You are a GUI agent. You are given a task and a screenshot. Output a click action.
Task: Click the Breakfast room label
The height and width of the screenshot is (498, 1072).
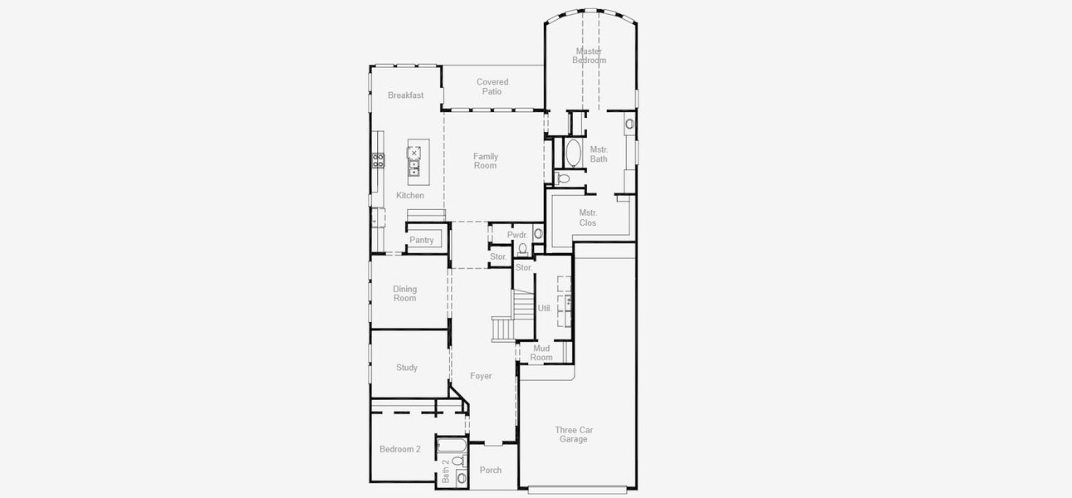[x=405, y=95]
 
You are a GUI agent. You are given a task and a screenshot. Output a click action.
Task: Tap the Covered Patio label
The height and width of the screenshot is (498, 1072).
[x=492, y=86]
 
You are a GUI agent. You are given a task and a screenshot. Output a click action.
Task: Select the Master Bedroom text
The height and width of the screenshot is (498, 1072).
[x=589, y=56]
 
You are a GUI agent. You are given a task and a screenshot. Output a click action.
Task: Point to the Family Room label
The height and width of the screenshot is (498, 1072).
[x=486, y=161]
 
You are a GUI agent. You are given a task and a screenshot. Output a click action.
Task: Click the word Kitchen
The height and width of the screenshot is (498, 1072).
[x=409, y=196]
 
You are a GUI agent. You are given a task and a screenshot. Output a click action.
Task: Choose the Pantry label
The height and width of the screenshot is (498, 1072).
[x=422, y=241]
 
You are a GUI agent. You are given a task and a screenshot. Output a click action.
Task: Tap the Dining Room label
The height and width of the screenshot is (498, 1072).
[x=405, y=294]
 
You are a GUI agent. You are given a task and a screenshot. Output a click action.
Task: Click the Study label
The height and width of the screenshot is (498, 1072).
[x=407, y=368]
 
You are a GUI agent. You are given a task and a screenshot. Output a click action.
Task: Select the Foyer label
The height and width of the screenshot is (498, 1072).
[x=481, y=376]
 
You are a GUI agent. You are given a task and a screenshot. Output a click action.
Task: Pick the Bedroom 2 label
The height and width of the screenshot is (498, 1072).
[x=400, y=449]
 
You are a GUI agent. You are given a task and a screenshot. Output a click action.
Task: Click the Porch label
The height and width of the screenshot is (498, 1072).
[x=491, y=471]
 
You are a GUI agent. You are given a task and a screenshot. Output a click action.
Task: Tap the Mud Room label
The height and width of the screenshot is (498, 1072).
[x=541, y=353]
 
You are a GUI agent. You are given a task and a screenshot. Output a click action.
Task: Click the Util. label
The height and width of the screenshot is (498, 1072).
[x=545, y=308]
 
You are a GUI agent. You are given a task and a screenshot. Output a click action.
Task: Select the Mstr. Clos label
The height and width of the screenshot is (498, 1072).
[x=588, y=217]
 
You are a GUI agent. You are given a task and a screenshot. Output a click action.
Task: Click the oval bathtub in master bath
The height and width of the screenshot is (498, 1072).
[x=573, y=154]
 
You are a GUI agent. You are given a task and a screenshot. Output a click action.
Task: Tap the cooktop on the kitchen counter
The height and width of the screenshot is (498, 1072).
[x=378, y=160]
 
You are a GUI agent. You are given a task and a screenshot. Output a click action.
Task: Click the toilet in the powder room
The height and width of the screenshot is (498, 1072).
[x=522, y=248]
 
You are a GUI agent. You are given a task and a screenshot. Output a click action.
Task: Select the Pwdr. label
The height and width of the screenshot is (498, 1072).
[x=517, y=236]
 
